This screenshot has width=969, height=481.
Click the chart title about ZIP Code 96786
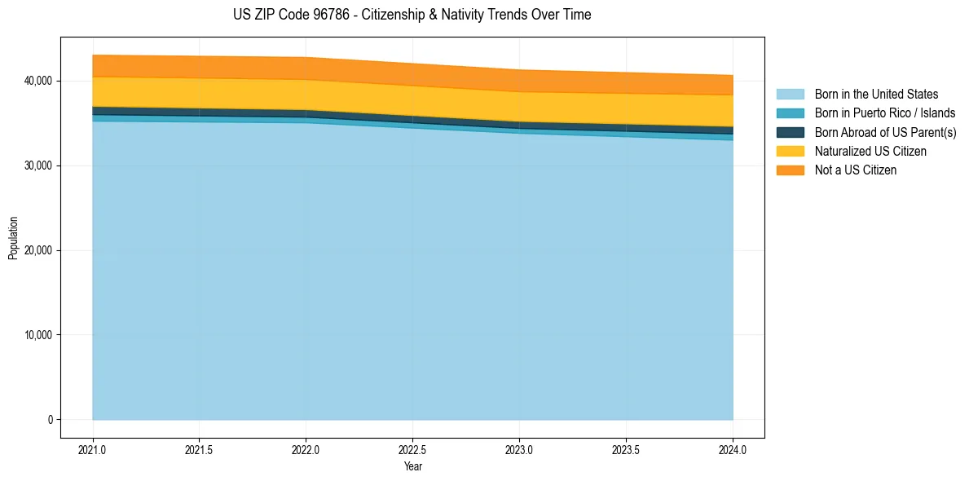coord(412,15)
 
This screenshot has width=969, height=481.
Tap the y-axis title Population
coord(13,238)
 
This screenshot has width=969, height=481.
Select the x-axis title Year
coord(412,466)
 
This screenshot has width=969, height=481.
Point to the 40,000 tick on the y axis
coord(37,81)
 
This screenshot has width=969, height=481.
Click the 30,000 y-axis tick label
coord(37,165)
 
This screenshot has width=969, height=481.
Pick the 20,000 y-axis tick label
coord(37,250)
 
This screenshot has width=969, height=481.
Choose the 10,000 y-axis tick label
coord(37,335)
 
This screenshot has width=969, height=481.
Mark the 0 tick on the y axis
coord(50,420)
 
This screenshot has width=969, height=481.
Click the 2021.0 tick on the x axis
coord(93,449)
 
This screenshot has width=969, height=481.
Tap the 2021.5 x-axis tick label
coord(200,449)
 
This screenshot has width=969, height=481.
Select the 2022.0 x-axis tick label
coord(306,449)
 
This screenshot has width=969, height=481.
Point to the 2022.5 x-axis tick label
coord(413,449)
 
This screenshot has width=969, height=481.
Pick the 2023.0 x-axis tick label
coord(519,449)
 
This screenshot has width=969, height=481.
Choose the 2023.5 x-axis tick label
coord(626,449)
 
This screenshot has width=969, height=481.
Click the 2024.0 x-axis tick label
coord(733,449)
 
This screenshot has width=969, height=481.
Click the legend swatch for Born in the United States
coord(790,95)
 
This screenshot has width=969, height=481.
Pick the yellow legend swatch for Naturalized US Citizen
coord(790,152)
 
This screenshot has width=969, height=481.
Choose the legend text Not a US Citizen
coord(855,170)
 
